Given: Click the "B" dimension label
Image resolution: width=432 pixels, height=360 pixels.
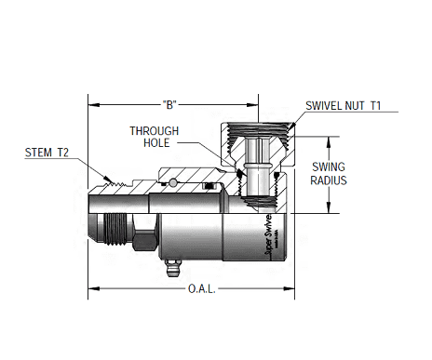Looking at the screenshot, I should point(169,102).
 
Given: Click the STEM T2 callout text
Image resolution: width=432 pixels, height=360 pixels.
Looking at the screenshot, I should point(46,150).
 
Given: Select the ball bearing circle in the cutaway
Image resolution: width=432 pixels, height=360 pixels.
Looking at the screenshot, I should point(174,183).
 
